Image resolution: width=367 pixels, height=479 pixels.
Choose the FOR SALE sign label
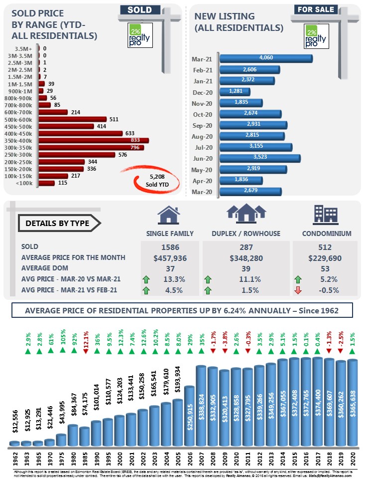point(315,9)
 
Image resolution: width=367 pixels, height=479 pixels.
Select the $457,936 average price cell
point(171,257)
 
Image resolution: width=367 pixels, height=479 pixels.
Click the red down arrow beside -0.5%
point(298,290)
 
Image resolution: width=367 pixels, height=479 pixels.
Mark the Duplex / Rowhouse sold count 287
point(246,247)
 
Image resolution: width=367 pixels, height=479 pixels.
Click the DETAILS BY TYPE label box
point(58,223)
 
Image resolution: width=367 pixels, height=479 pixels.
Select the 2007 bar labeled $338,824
point(201,406)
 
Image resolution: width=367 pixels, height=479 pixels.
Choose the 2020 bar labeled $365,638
point(353,402)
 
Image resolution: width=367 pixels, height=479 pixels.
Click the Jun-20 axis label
point(202,158)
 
